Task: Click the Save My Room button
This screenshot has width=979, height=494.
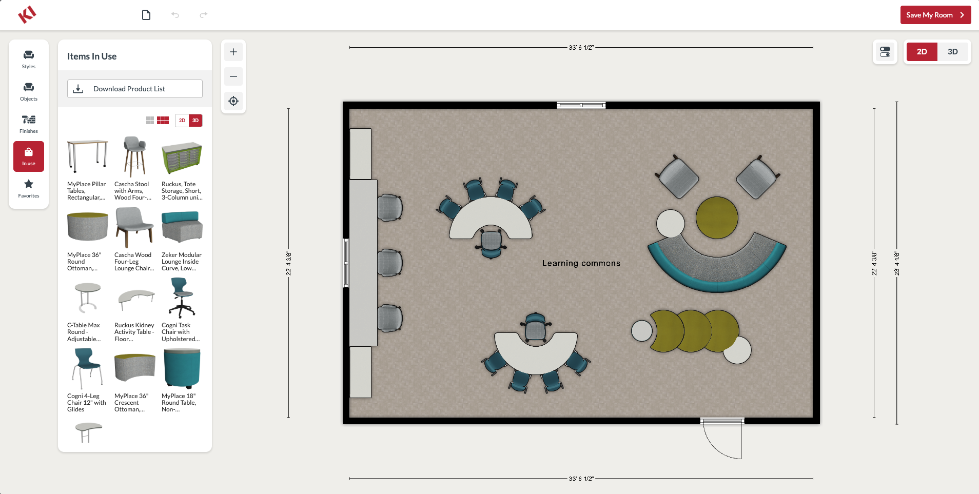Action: [x=935, y=15]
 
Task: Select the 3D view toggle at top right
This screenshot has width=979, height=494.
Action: [x=952, y=52]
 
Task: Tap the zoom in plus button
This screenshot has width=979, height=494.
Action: [x=233, y=52]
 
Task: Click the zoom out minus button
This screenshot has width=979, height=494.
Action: [x=233, y=76]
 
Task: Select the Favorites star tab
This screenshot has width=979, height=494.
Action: [x=29, y=188]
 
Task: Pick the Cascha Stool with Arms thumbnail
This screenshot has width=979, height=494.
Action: [x=134, y=157]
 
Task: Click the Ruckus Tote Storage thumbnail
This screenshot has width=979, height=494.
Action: [x=182, y=158]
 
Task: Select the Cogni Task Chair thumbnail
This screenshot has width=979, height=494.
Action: [x=182, y=298]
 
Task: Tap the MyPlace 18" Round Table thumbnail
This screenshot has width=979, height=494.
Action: [x=182, y=368]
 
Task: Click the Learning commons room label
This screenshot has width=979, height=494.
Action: [x=581, y=263]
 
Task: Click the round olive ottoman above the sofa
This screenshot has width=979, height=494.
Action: [x=717, y=218]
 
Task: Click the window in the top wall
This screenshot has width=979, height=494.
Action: [x=581, y=105]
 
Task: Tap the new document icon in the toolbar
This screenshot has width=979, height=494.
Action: [x=146, y=15]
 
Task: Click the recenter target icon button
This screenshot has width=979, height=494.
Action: [x=233, y=101]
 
